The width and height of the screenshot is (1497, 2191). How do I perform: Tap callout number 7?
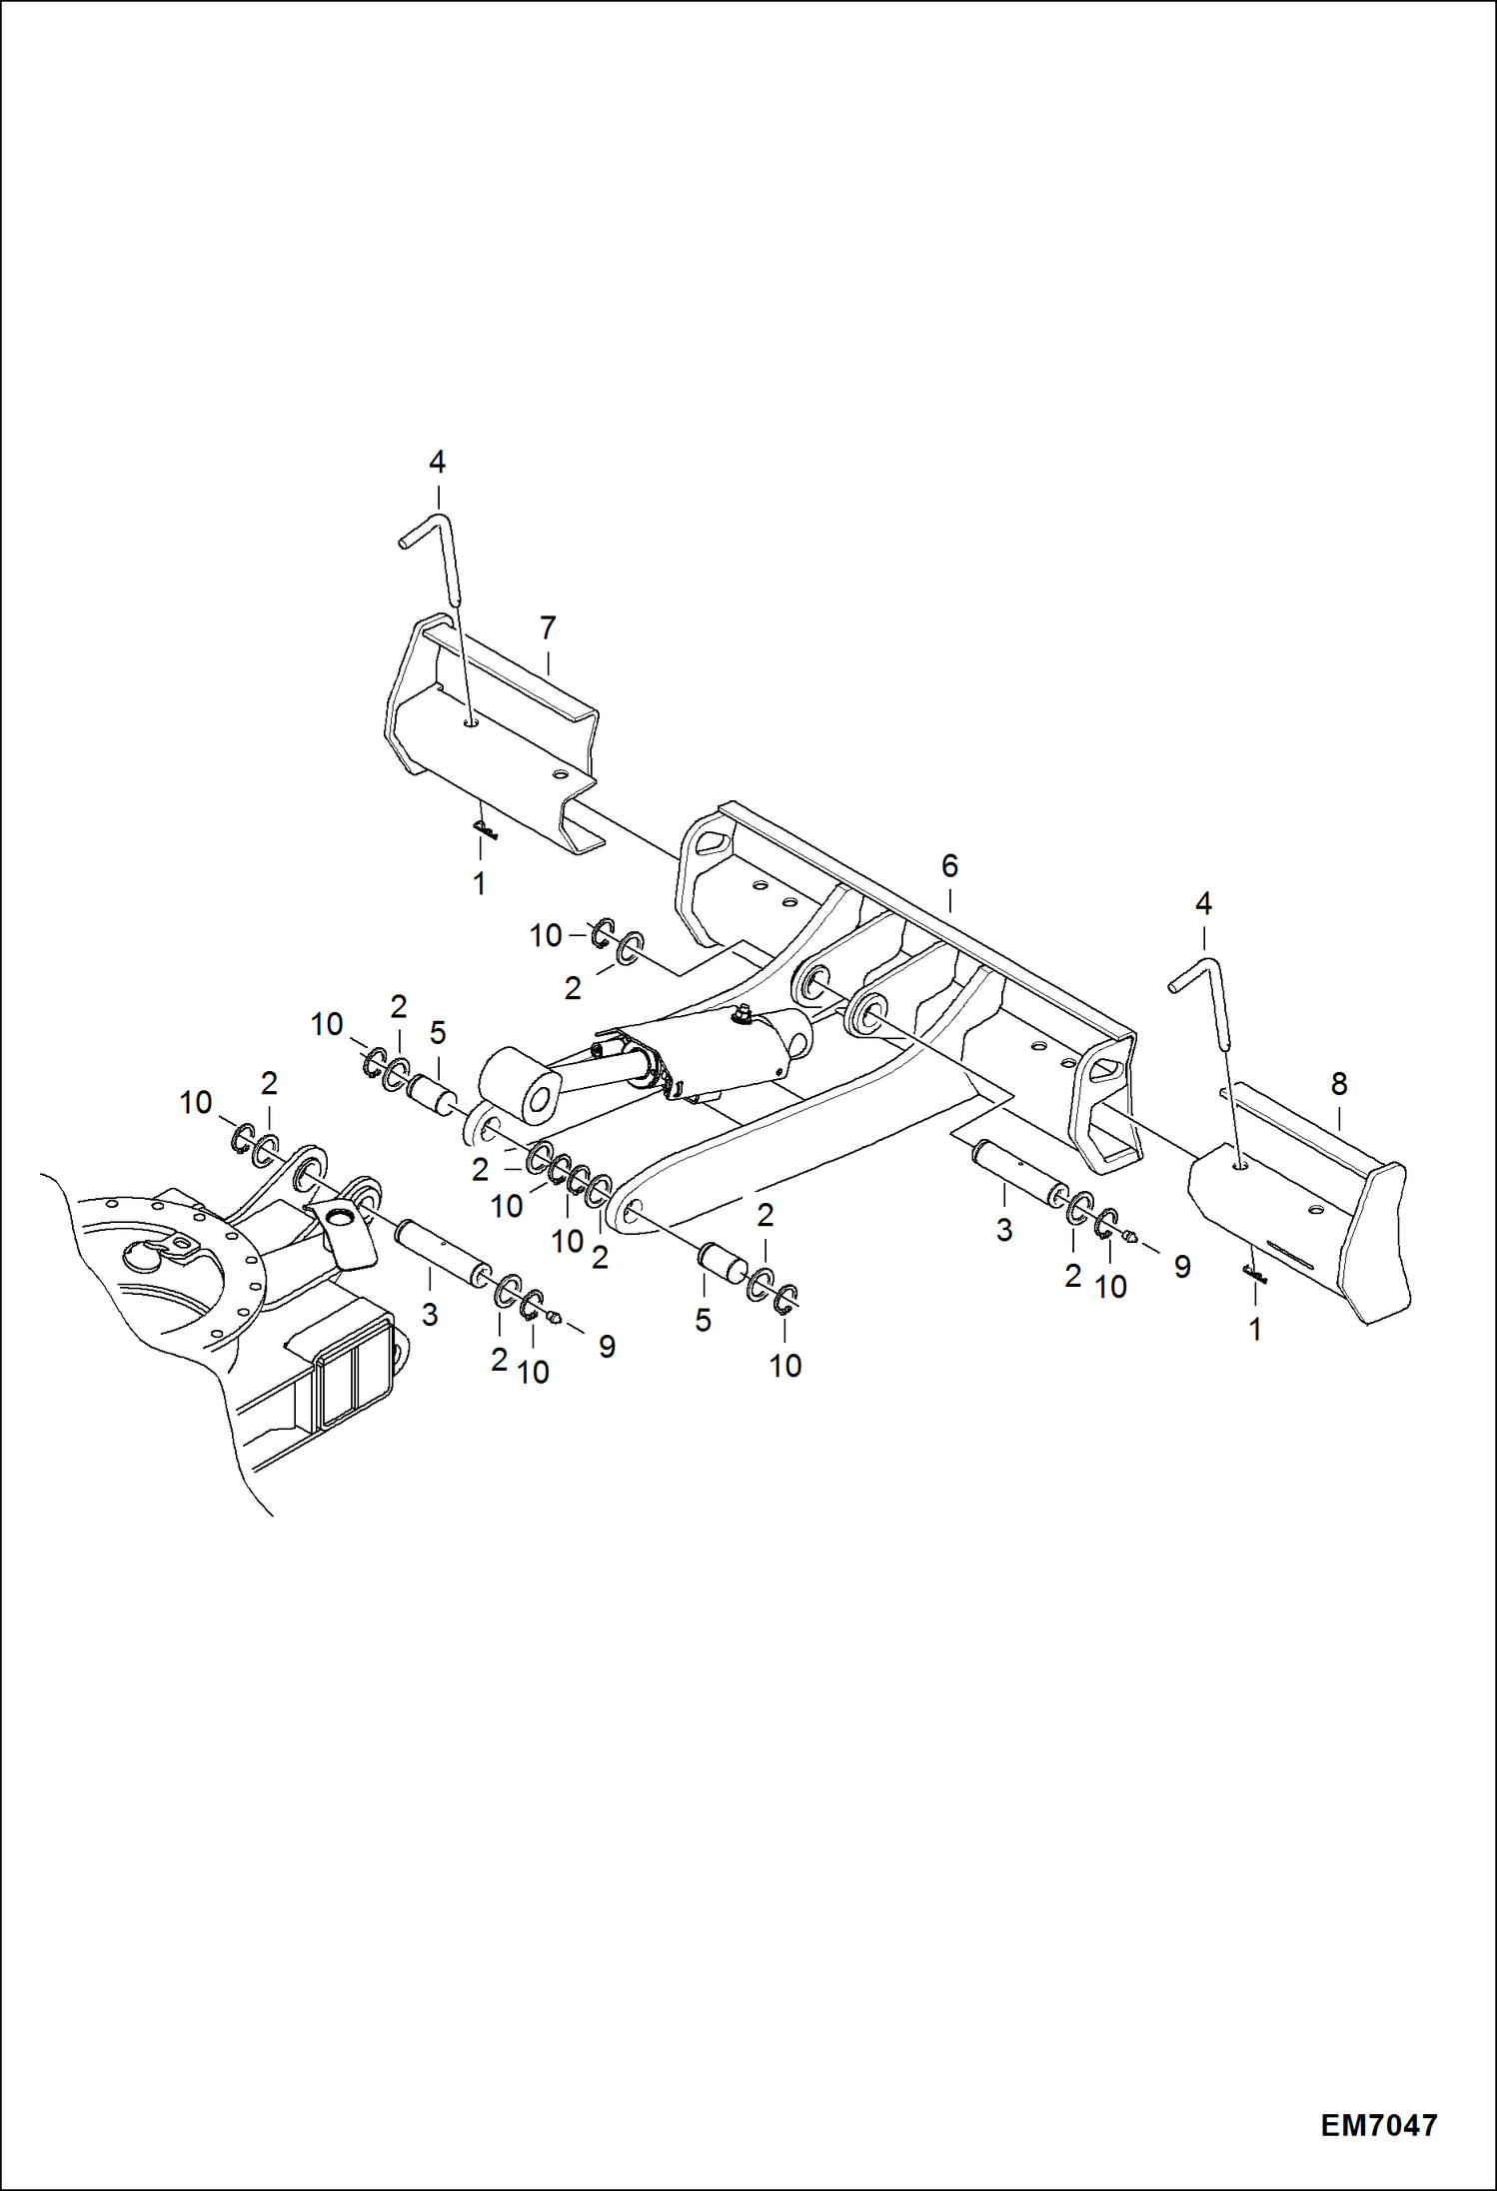[548, 628]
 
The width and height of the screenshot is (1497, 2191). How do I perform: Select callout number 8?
[1339, 1083]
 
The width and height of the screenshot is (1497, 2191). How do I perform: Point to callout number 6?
[949, 865]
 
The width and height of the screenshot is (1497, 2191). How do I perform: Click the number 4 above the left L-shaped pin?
[437, 462]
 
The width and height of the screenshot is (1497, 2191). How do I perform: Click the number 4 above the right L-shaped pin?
[1203, 904]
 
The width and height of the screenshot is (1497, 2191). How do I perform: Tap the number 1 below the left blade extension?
[479, 883]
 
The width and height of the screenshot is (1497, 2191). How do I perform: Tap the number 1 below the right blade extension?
[1255, 1329]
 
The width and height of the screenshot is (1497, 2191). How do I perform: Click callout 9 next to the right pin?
[1182, 1267]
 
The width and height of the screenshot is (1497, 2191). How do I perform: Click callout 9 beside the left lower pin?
[607, 1347]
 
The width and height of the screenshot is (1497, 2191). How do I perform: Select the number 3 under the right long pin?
[1004, 1230]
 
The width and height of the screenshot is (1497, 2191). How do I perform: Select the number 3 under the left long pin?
[430, 1315]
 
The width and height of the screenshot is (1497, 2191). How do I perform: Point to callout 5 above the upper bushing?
[438, 1032]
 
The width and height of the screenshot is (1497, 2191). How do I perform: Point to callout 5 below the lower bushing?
[704, 1320]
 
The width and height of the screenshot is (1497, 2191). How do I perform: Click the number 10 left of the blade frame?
[546, 935]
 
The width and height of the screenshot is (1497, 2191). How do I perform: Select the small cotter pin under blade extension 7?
[485, 828]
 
